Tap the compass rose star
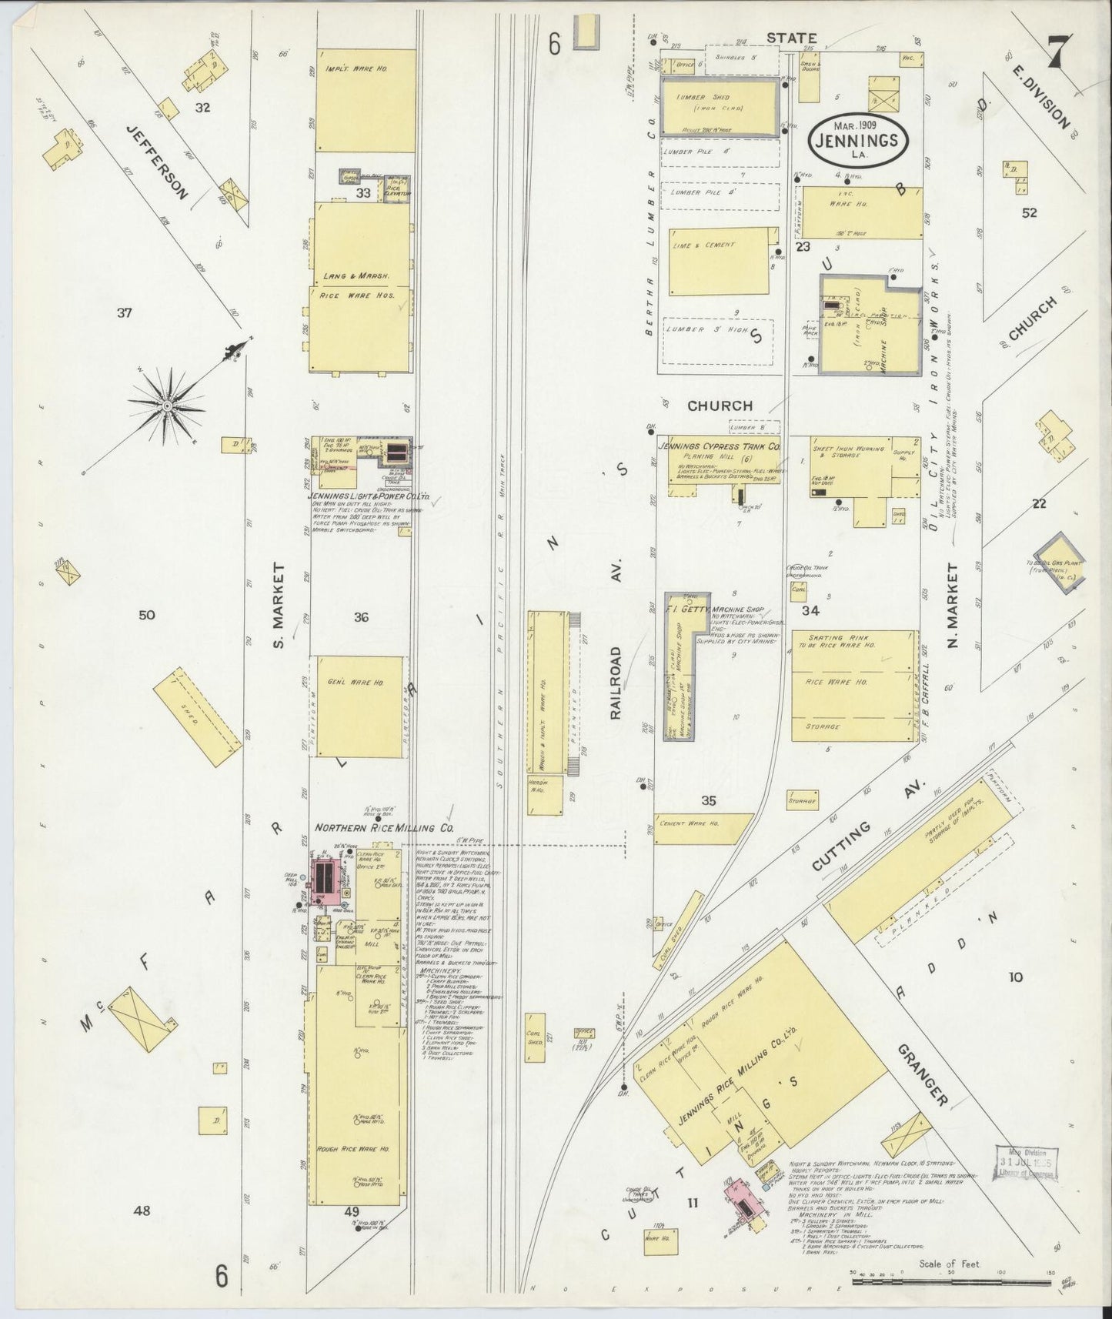click(x=166, y=405)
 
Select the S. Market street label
click(x=280, y=605)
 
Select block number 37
click(x=125, y=312)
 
